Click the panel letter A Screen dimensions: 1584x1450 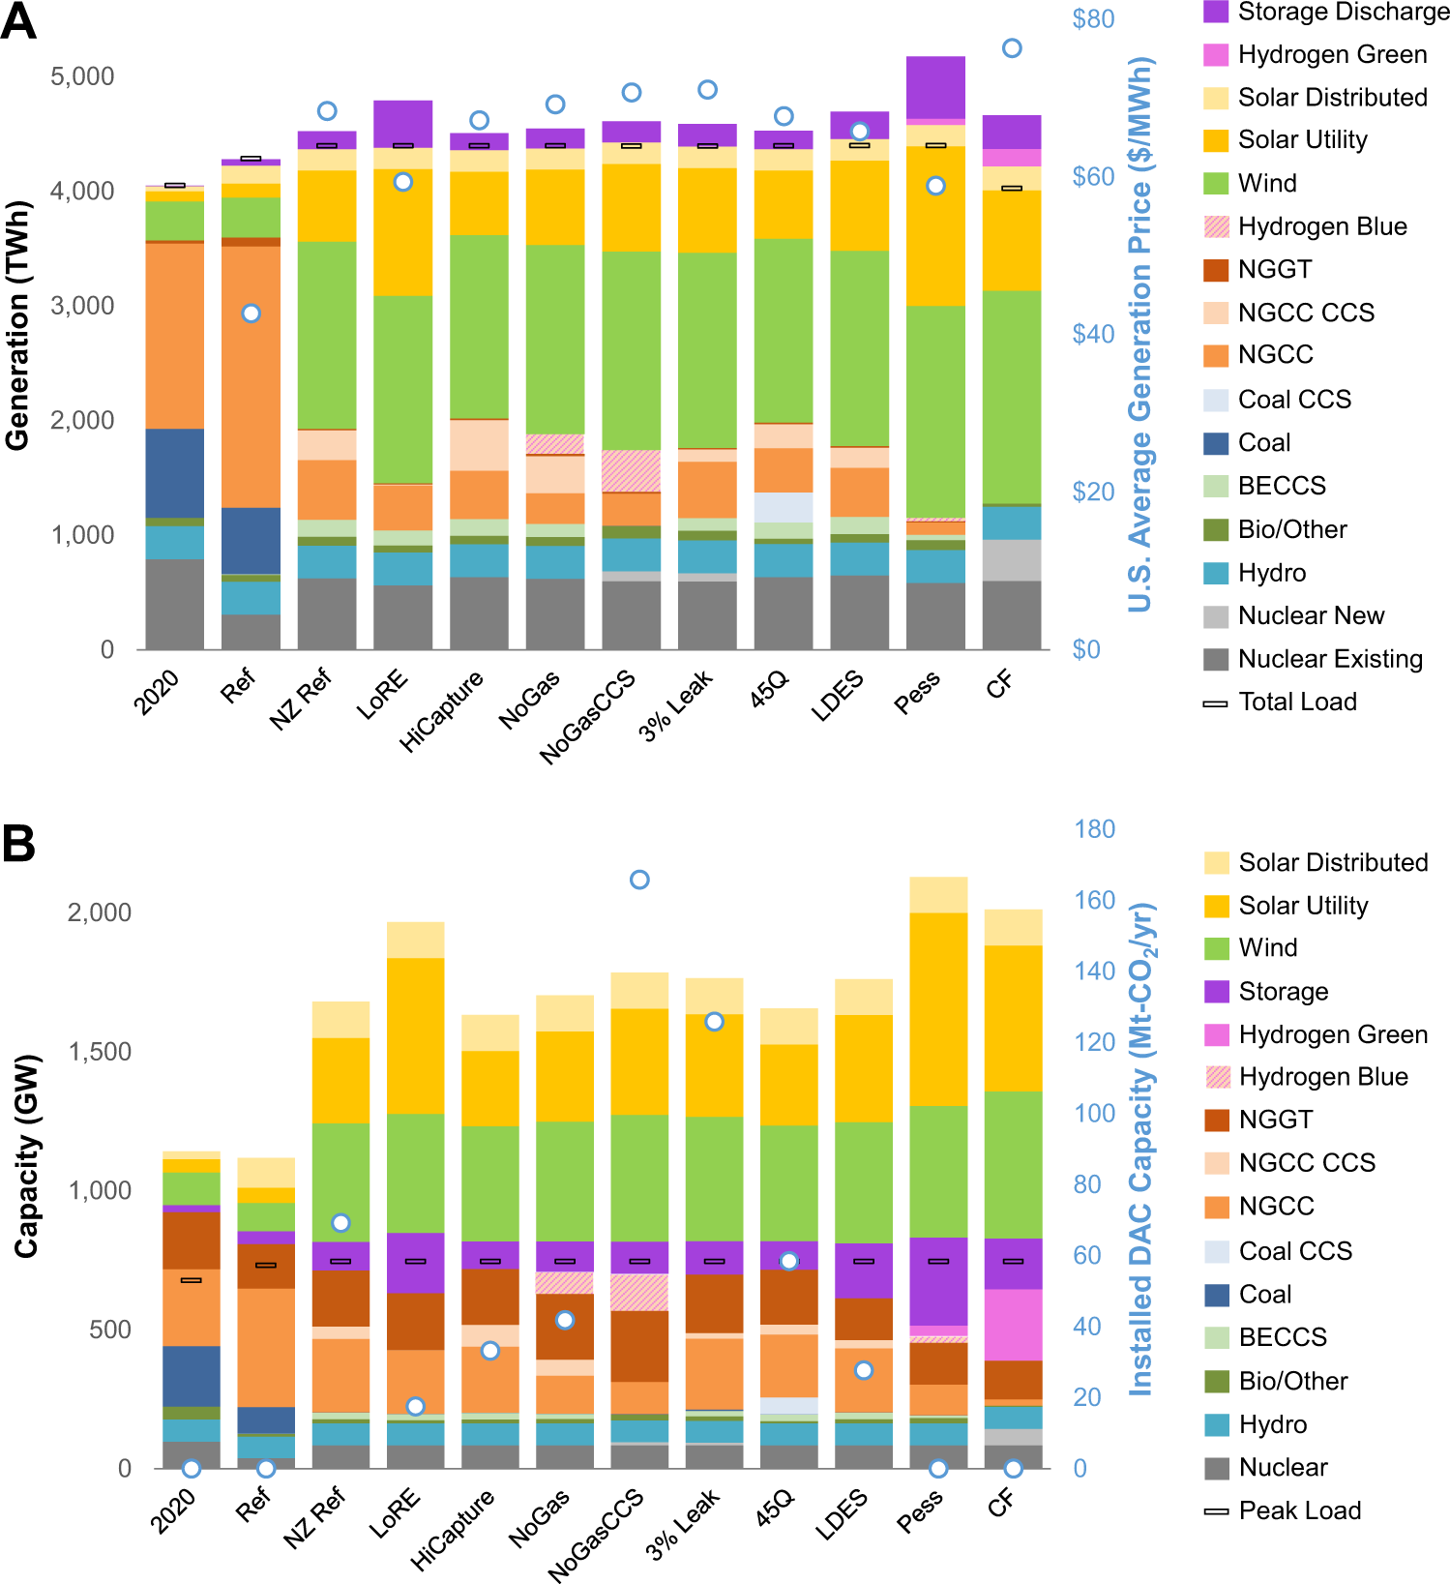(x=18, y=21)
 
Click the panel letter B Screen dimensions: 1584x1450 (x=18, y=843)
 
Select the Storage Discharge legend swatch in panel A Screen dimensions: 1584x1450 (x=1216, y=12)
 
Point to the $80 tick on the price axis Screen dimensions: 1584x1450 (x=1093, y=19)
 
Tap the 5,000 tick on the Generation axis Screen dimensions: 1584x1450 (x=82, y=76)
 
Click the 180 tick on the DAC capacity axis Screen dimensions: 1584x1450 (x=1094, y=829)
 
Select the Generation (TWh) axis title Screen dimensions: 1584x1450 (x=17, y=325)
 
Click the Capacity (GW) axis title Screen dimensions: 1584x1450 (x=26, y=1155)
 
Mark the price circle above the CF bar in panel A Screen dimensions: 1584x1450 (x=1012, y=48)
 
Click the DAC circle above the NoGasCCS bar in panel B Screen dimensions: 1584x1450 (x=639, y=880)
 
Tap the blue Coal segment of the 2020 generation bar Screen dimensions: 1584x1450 (x=175, y=473)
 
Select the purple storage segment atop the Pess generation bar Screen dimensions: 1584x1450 (x=935, y=87)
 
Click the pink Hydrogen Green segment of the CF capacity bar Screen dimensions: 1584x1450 (x=1013, y=1325)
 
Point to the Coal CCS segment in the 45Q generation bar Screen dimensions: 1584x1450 (x=784, y=507)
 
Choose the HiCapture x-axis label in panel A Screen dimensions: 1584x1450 (x=441, y=711)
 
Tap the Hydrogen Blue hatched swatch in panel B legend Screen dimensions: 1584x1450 (x=1218, y=1077)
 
